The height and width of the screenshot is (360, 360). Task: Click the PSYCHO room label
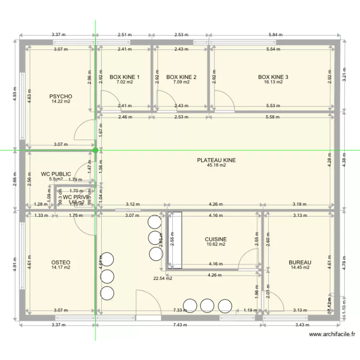[60, 96]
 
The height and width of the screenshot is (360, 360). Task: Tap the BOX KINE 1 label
[124, 77]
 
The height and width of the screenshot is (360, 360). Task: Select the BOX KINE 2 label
[181, 77]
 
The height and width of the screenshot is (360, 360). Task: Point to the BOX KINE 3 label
[273, 77]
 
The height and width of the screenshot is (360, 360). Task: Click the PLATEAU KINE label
[216, 160]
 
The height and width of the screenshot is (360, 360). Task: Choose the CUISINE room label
[216, 239]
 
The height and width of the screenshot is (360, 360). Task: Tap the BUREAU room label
[300, 262]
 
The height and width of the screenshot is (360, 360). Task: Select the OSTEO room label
[60, 263]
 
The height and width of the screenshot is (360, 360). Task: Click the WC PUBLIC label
[56, 174]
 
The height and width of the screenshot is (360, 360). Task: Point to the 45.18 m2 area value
[216, 166]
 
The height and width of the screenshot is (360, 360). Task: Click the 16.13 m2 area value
[273, 82]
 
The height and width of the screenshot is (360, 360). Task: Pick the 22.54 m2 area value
[162, 278]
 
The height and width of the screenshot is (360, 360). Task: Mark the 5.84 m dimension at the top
[276, 35]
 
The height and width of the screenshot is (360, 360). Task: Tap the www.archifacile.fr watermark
[333, 335]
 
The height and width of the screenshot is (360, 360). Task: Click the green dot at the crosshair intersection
[96, 150]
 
